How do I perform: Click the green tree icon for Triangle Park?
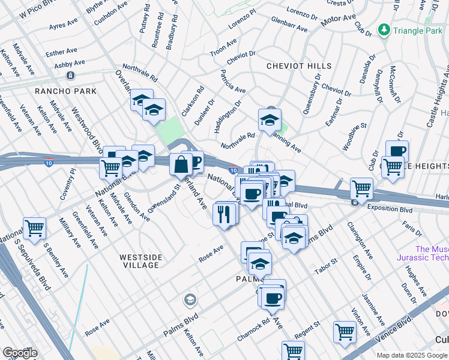click(x=383, y=29)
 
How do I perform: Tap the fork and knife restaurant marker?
click(x=224, y=214)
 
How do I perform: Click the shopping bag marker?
click(x=181, y=164)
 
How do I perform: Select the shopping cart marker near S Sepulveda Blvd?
click(x=34, y=228)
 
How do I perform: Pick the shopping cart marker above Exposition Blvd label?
click(x=361, y=188)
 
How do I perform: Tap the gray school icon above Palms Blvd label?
click(x=190, y=299)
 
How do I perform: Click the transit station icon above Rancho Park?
click(x=71, y=76)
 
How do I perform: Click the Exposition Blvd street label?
click(x=390, y=210)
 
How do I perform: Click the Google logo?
click(x=20, y=353)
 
